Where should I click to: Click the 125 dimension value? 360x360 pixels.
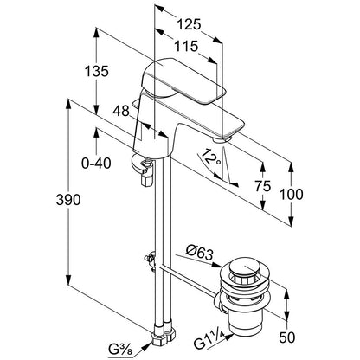[189, 24]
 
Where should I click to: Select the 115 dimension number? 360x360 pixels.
[186, 46]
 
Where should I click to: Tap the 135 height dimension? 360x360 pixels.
[97, 71]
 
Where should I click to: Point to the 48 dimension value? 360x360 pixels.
[121, 111]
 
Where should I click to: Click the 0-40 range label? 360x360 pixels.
[96, 164]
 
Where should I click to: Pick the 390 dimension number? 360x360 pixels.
[68, 200]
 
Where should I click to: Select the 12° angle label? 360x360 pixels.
[211, 158]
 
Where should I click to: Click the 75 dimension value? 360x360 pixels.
[263, 186]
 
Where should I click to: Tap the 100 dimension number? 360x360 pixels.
[292, 195]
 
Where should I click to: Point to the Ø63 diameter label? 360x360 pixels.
[200, 253]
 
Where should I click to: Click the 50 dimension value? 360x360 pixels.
[287, 337]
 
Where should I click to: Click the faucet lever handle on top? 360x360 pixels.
[183, 81]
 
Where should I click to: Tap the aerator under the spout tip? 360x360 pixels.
[222, 140]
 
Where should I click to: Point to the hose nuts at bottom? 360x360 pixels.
[163, 336]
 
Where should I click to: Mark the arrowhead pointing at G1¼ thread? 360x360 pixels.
[229, 337]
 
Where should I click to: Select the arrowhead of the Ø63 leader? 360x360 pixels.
[217, 265]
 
